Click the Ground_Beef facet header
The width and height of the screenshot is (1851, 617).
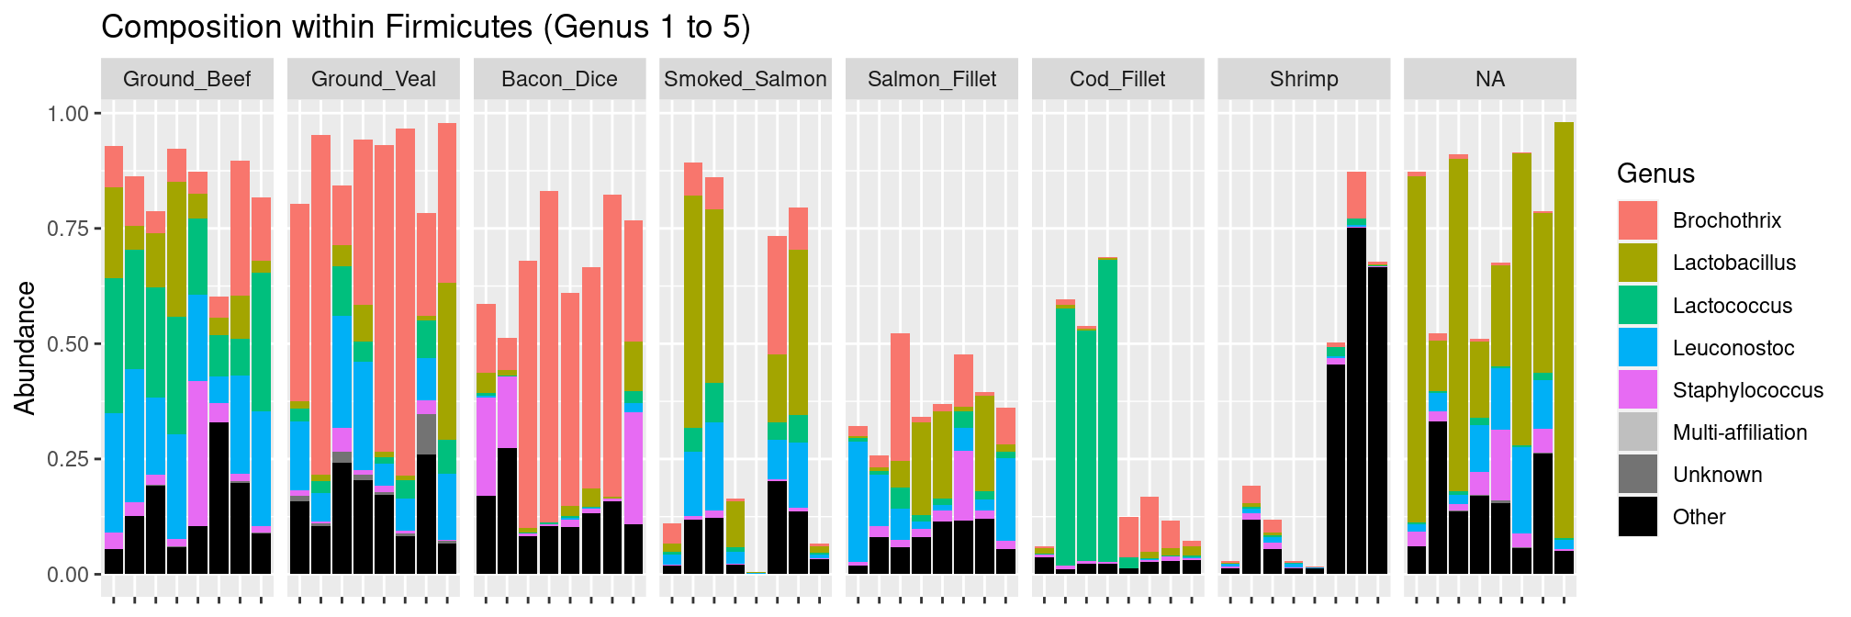pos(186,79)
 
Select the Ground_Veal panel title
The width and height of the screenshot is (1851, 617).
pos(373,79)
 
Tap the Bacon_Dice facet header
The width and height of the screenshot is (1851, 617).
pos(559,79)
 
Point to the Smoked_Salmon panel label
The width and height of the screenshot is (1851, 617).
pos(746,79)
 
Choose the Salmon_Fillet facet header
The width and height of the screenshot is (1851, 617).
pos(931,79)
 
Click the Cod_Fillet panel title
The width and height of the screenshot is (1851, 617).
pos(1117,79)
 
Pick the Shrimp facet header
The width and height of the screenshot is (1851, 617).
pos(1304,79)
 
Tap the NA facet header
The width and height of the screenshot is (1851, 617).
pos(1489,79)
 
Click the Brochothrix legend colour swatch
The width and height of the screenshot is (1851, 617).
pos(1638,220)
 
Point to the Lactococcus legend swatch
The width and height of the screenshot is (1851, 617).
pos(1638,305)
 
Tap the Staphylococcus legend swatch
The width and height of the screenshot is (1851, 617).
pos(1638,390)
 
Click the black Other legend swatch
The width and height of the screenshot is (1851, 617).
pos(1638,517)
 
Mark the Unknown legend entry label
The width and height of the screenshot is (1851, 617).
pos(1717,475)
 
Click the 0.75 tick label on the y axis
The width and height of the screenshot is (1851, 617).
pos(67,229)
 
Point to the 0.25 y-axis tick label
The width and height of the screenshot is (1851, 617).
pos(67,459)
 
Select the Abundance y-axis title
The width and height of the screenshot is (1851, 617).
pos(26,348)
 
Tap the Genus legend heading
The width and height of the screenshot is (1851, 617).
pos(1655,174)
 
